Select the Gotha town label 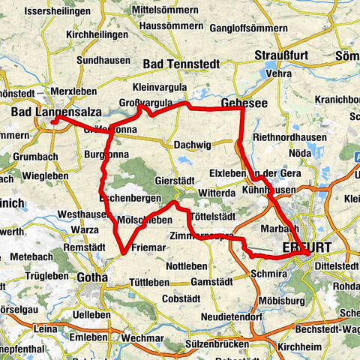pos(91,277)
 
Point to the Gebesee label pos(241,101)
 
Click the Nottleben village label pos(187,265)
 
